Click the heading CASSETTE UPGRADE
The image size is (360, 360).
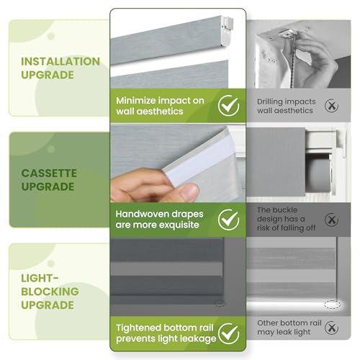[49, 179]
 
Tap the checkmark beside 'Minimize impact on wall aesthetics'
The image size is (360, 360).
[229, 107]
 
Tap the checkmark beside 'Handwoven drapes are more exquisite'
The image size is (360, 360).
[229, 219]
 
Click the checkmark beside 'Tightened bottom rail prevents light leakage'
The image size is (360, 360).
[229, 333]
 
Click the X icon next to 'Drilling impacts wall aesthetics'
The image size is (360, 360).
[331, 106]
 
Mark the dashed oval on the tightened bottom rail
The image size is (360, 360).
[220, 303]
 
